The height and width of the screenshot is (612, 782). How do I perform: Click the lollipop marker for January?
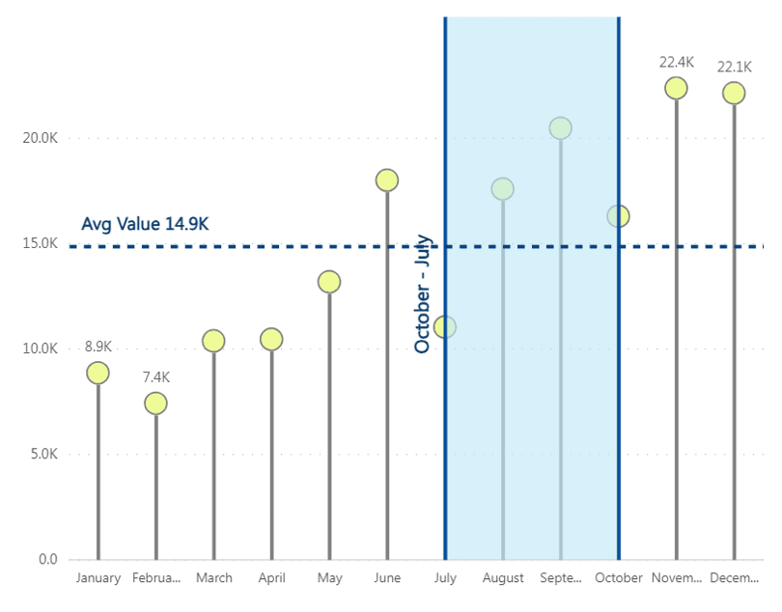(x=98, y=373)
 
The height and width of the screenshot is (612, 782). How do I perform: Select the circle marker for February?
(x=155, y=403)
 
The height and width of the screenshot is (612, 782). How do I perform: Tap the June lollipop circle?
(x=387, y=181)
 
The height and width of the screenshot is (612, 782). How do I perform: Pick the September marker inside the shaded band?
(x=560, y=127)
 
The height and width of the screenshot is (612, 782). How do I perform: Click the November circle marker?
(x=676, y=88)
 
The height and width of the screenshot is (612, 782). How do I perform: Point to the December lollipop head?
(x=734, y=93)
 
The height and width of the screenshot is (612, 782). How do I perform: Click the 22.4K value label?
(x=676, y=63)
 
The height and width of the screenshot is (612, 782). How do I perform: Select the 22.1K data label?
(x=734, y=68)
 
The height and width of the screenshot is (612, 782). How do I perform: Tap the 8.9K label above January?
(x=98, y=348)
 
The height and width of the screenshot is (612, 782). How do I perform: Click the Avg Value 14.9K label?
(x=145, y=224)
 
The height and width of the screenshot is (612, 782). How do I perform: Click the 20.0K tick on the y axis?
(x=40, y=138)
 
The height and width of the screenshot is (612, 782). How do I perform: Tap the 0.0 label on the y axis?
(x=47, y=559)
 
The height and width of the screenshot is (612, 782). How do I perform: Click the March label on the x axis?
(x=213, y=578)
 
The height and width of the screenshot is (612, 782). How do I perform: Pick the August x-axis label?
(x=502, y=578)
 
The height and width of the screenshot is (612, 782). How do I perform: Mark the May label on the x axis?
(x=329, y=578)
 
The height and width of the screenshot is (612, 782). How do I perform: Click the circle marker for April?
(x=271, y=339)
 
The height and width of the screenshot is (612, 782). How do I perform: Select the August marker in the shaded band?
(x=502, y=189)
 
